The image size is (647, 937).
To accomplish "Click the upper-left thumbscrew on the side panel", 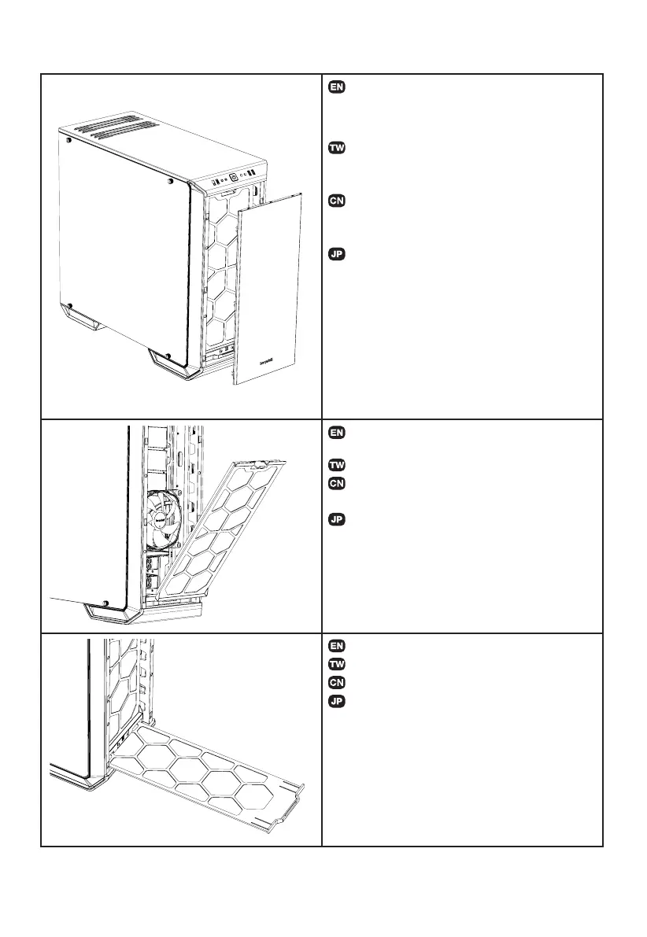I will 69,142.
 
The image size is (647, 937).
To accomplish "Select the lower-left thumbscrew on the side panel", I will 70,306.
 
